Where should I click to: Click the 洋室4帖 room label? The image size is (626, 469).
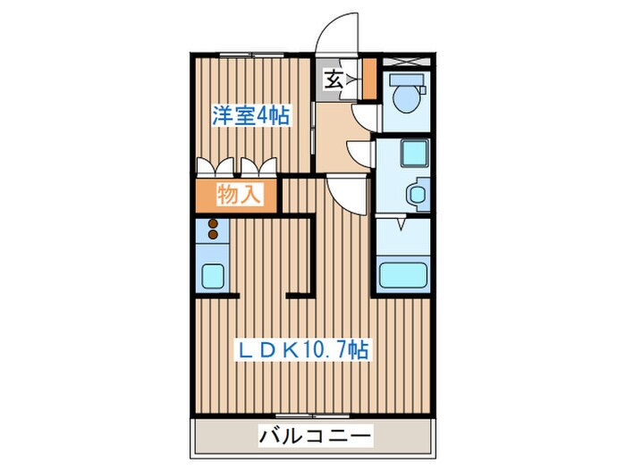coord(250,115)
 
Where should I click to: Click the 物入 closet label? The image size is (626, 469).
coord(239,194)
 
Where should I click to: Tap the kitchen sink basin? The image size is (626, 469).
coord(213,276)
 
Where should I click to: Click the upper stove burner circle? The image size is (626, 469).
coord(214,224)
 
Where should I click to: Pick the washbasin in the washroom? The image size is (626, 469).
coord(414,194)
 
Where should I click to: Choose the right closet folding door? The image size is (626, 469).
coord(259,166)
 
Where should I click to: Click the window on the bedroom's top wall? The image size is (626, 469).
coord(252,56)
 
